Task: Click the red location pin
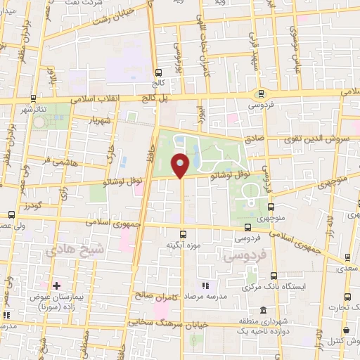[x=181, y=166]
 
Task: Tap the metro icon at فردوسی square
[x=262, y=92]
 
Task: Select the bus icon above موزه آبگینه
[x=184, y=234]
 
